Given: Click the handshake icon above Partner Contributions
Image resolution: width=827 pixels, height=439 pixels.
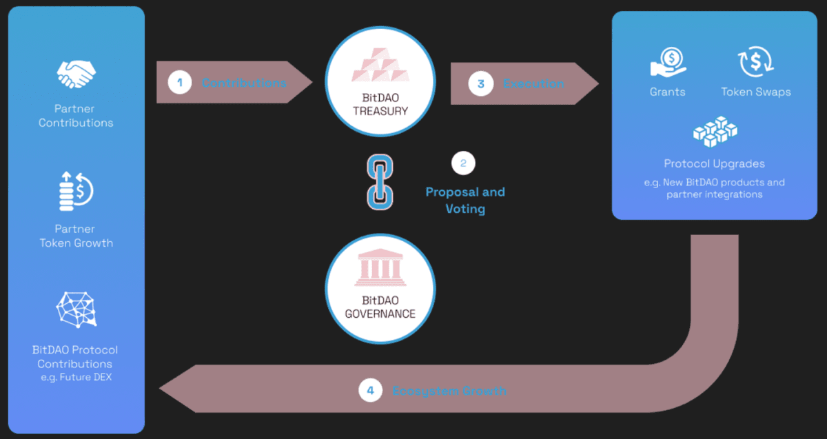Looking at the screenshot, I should (76, 74).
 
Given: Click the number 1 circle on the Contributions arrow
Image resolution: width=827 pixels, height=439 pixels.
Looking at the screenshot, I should (180, 83).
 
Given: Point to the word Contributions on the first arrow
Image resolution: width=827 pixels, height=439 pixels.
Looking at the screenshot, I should (243, 83).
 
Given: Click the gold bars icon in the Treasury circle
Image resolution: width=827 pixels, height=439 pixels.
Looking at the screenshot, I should (380, 65).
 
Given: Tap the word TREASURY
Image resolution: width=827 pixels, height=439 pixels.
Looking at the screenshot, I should (380, 111).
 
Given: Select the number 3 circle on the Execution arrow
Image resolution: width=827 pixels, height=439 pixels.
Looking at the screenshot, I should (480, 84).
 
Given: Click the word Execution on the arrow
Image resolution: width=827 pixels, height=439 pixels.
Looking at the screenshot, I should (533, 84).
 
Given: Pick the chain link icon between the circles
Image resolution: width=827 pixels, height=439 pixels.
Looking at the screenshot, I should (380, 183).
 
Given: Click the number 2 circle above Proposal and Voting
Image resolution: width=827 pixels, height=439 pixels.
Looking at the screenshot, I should (463, 163).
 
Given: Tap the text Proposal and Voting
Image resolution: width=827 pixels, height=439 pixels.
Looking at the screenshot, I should (465, 200).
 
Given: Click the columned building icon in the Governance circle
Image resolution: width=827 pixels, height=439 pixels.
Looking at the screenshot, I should (380, 269).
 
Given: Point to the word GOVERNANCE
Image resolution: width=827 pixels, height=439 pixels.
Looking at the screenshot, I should (380, 314).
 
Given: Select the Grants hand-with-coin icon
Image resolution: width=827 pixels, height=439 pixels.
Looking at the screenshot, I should (668, 62).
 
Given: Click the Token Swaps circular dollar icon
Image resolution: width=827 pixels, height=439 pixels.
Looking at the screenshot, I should (755, 62).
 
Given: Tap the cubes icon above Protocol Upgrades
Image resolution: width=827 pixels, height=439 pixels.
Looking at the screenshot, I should (714, 132).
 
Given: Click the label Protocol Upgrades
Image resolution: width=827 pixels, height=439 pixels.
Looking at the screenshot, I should (714, 164).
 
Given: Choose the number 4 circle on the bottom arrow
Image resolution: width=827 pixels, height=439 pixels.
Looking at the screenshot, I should (370, 391).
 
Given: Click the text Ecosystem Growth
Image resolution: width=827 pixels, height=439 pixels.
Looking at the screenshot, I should (449, 391).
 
